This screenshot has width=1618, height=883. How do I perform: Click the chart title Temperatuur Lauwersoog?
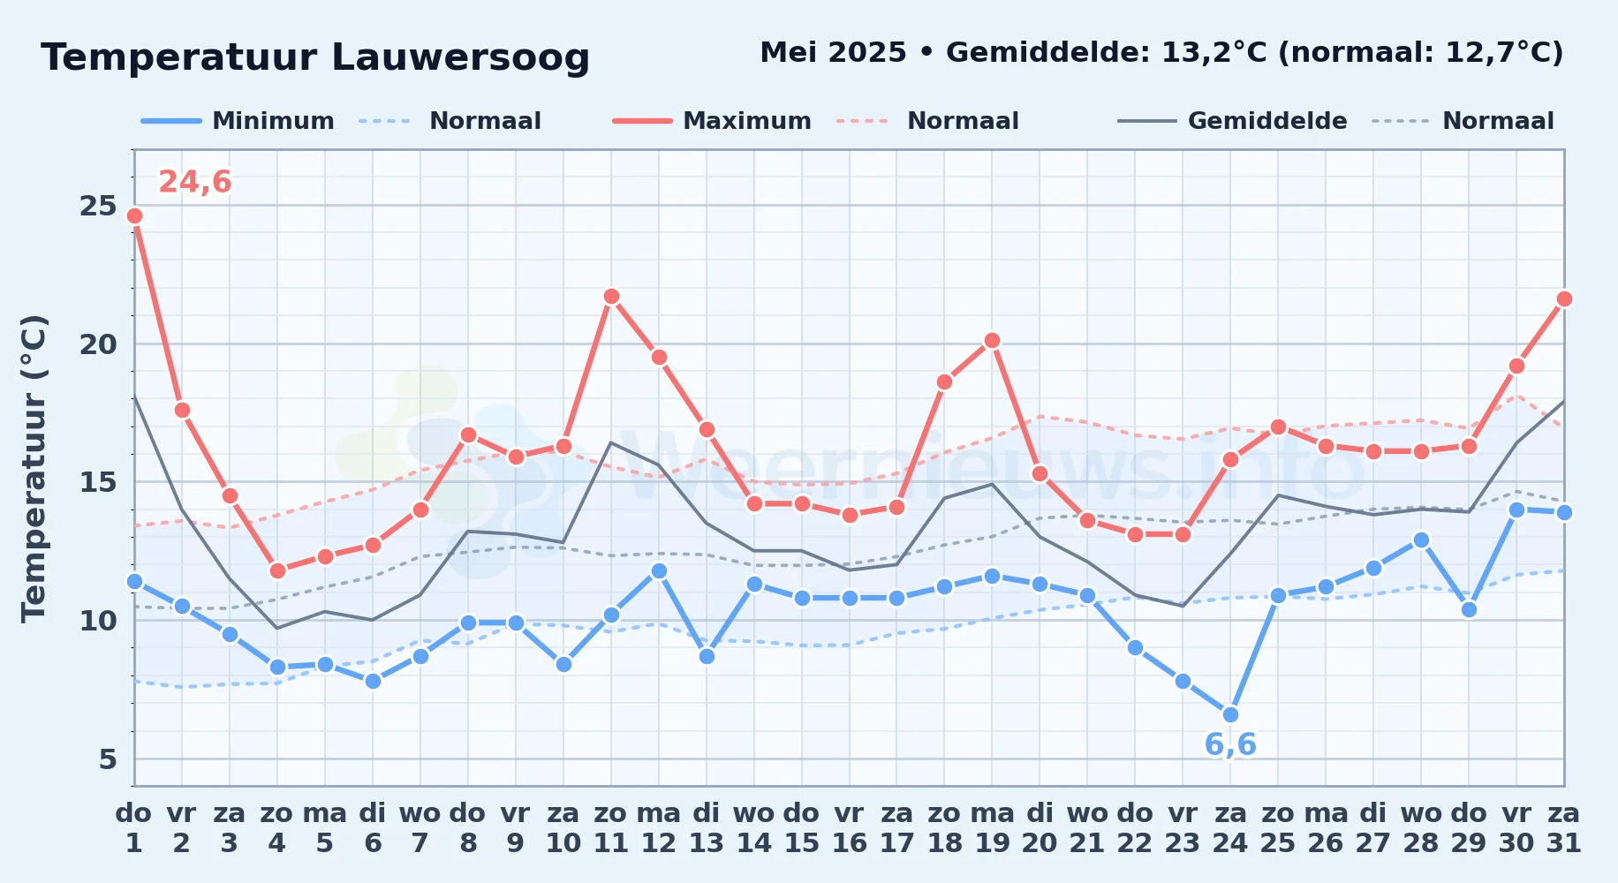tap(315, 57)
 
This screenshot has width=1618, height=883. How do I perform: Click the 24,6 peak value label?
tap(195, 182)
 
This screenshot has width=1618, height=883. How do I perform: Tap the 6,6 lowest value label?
tap(1230, 744)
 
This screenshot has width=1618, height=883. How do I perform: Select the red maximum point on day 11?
tap(611, 297)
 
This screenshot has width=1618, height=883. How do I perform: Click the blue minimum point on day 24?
tap(1230, 714)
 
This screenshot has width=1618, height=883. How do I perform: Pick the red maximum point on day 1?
tap(134, 215)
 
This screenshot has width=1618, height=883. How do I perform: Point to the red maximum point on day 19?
tap(992, 341)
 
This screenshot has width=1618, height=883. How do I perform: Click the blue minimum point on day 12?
tap(659, 570)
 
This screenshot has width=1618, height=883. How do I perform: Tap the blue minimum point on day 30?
tap(1516, 509)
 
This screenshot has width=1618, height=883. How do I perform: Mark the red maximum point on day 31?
tap(1564, 299)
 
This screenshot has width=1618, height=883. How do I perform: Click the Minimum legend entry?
tap(238, 121)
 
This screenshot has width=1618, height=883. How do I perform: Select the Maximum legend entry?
tap(713, 121)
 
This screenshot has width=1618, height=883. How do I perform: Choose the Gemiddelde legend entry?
tap(1233, 121)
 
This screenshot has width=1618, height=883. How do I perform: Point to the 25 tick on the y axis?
tap(98, 206)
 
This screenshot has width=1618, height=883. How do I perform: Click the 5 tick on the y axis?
tap(108, 758)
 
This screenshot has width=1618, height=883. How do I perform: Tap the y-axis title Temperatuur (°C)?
tap(34, 468)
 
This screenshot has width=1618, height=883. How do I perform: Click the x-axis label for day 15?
tap(802, 828)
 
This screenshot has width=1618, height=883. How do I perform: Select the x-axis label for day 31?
tap(1564, 828)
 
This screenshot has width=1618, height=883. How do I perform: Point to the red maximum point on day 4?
tap(277, 570)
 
